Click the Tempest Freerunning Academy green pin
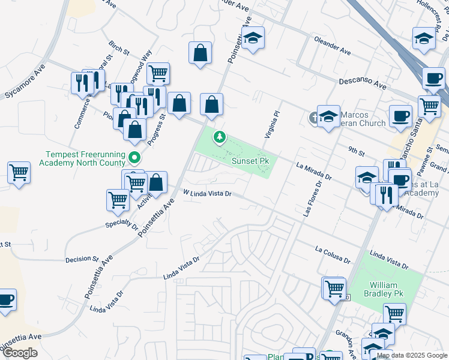pyautogui.click(x=134, y=158)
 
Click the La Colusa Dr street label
pyautogui.click(x=332, y=254)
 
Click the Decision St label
pyautogui.click(x=82, y=259)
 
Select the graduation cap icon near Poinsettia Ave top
pyautogui.click(x=253, y=39)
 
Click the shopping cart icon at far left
pyautogui.click(x=19, y=172)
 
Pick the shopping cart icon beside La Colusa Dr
pyautogui.click(x=334, y=287)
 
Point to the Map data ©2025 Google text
pyautogui.click(x=411, y=355)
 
